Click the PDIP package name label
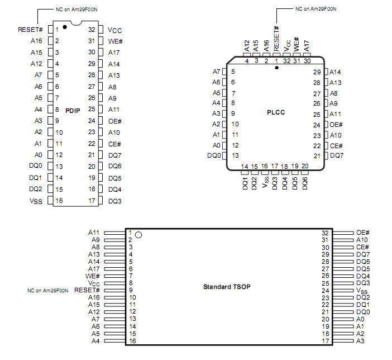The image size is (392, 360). click(73, 110)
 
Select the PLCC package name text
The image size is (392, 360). click(276, 112)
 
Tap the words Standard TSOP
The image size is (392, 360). click(227, 287)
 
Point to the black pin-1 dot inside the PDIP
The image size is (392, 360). click(65, 26)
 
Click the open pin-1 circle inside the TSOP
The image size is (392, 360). click(138, 234)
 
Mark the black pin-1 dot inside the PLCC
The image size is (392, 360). click(276, 68)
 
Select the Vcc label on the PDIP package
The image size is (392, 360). click(115, 30)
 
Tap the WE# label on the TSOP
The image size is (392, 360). click(93, 276)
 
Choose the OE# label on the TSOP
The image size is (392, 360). click(363, 233)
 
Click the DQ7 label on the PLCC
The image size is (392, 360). click(337, 155)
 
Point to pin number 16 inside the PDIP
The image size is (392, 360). click(59, 201)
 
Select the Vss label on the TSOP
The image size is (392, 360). click(362, 291)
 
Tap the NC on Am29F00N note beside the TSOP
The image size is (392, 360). click(48, 291)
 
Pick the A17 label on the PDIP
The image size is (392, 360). click(114, 52)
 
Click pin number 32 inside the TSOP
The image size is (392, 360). click(325, 233)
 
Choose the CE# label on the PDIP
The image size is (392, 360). click(114, 144)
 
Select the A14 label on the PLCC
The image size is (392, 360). click(336, 72)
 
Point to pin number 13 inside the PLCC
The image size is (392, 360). click(235, 155)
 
